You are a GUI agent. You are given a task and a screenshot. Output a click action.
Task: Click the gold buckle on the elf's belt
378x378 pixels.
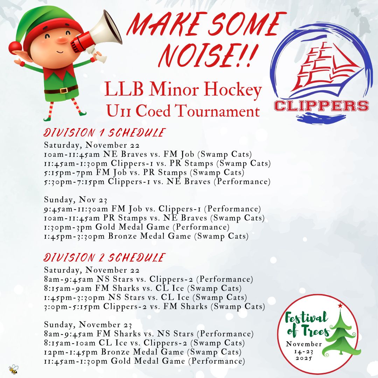[64, 90]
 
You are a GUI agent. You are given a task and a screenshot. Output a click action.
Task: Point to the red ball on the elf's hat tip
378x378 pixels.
[14, 47]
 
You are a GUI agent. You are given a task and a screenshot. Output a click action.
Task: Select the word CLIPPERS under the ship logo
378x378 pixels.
[321, 106]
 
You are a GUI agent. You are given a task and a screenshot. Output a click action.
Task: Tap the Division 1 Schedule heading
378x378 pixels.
[104, 133]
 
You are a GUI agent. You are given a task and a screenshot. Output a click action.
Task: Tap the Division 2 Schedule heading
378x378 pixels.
[104, 258]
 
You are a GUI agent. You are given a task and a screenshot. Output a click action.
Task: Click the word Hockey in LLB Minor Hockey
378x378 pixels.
[233, 90]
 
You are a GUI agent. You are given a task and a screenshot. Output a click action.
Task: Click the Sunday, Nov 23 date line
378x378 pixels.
[76, 200]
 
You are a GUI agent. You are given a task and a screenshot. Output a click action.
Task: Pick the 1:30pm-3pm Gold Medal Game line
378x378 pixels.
[137, 227]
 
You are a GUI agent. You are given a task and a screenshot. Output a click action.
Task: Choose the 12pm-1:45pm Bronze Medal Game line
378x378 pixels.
[143, 352]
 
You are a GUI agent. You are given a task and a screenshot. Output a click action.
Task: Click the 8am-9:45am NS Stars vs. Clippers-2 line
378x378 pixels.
[148, 279]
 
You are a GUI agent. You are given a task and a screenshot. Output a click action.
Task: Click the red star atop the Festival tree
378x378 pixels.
[340, 306]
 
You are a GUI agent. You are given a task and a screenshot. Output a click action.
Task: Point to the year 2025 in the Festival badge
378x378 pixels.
[304, 358]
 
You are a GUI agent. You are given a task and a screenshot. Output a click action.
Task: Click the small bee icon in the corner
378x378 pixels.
[14, 369]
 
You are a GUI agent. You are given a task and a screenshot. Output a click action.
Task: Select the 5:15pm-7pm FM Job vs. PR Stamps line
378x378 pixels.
[144, 173]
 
